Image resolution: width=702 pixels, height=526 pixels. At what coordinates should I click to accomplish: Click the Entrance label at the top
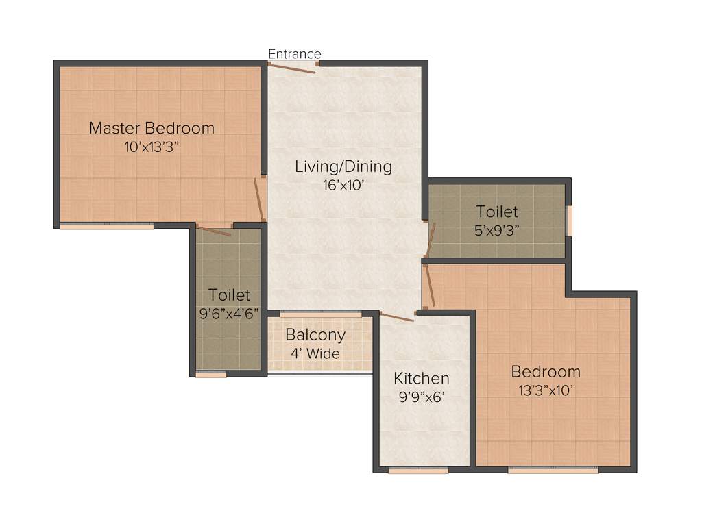point(294,54)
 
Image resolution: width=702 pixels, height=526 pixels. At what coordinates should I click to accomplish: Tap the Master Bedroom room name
point(152,128)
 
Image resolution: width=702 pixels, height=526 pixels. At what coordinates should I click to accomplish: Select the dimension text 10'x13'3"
point(152,146)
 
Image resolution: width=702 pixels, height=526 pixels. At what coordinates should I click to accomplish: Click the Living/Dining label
point(343,166)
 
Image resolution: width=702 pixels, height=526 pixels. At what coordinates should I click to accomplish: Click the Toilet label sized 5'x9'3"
point(497,212)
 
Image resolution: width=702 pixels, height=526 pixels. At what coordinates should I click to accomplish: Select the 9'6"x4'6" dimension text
point(229,314)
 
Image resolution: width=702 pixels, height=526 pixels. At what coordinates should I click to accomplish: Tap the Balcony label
point(315,336)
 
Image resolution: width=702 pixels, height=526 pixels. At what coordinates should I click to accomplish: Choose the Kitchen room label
point(422,378)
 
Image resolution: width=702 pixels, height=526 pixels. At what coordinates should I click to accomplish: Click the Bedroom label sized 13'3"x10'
point(546,372)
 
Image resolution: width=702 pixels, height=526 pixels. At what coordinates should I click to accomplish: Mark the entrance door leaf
point(292,67)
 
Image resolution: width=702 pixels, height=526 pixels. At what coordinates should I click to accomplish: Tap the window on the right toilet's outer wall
point(569,221)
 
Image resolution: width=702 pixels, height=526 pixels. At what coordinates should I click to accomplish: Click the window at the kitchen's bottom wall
point(418,471)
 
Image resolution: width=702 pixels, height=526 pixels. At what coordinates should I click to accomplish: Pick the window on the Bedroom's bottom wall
point(553,471)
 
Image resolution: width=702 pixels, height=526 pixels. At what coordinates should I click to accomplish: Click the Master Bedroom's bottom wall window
point(106,226)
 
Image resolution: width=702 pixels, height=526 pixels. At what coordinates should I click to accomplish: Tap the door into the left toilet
point(214,230)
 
